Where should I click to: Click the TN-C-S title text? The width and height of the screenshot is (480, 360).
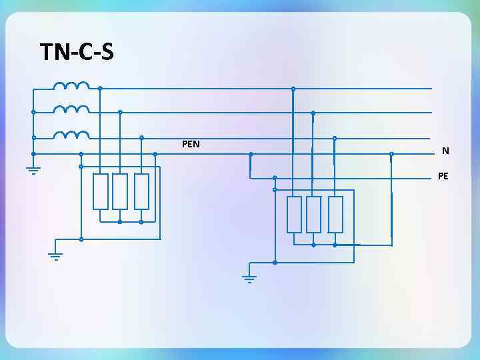tap(77, 51)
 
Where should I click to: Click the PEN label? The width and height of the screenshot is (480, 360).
tap(191, 144)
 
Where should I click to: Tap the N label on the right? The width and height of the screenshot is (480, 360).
tap(445, 151)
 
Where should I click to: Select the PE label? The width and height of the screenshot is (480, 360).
tap(443, 176)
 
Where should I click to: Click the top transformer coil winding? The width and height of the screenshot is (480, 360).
tap(71, 86)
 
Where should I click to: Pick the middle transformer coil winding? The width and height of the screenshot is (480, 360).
tap(71, 109)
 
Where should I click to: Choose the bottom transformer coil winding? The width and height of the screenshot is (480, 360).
tap(71, 135)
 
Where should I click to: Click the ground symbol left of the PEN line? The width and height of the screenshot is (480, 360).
tap(33, 169)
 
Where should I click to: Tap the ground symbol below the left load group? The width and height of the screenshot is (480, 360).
tap(56, 255)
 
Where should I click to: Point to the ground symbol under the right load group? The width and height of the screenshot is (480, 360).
tap(249, 279)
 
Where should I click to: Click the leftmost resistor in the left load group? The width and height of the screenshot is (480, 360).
tap(101, 192)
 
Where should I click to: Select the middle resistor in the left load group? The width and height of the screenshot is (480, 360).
tap(120, 192)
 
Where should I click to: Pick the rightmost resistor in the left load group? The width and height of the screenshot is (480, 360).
tap(141, 192)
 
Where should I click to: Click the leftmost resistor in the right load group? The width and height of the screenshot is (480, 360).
tap(294, 215)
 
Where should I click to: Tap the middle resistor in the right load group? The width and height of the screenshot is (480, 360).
tap(313, 215)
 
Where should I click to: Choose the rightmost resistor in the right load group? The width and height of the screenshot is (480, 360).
tap(335, 215)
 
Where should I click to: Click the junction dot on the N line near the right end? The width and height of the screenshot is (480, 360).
tap(391, 154)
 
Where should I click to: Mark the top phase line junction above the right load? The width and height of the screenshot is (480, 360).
tap(293, 89)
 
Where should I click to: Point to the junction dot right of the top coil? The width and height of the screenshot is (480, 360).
tap(100, 88)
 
